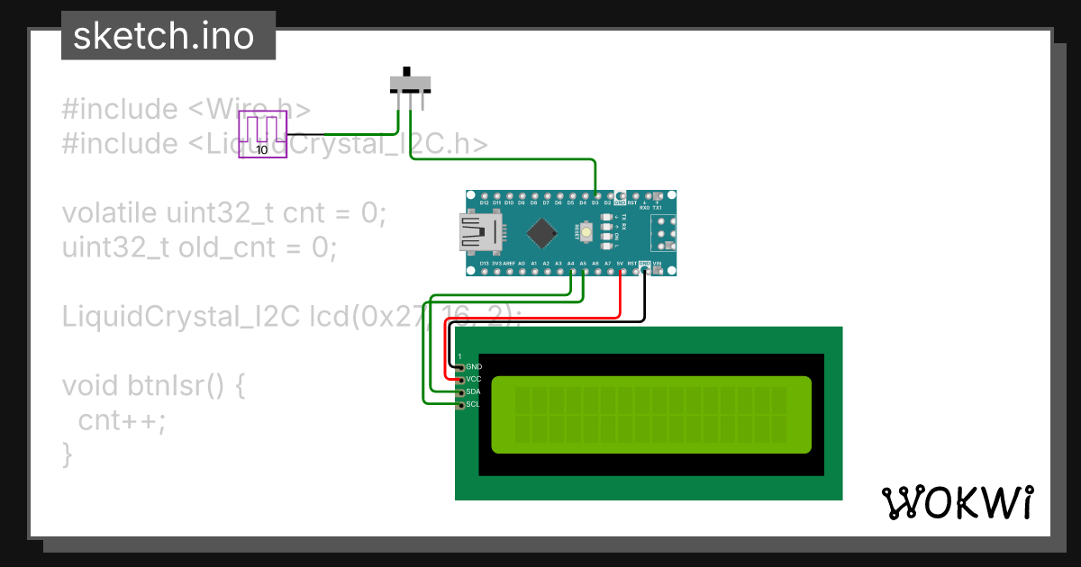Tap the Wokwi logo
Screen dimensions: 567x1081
pyautogui.click(x=956, y=503)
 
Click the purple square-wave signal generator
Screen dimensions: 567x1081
pyautogui.click(x=262, y=135)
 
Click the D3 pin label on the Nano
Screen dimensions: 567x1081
pyautogui.click(x=595, y=203)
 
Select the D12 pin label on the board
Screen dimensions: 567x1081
pyautogui.click(x=484, y=203)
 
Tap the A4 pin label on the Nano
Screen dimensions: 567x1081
pyautogui.click(x=571, y=264)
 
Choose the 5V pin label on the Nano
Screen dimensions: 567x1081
pyautogui.click(x=620, y=264)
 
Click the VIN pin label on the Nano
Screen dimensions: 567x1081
pyautogui.click(x=657, y=264)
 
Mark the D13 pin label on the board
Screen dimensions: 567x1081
pyautogui.click(x=484, y=264)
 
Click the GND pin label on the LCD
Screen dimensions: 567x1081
pyautogui.click(x=474, y=367)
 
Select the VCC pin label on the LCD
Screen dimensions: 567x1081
pyautogui.click(x=474, y=380)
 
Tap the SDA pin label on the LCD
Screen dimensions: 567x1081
pyautogui.click(x=474, y=392)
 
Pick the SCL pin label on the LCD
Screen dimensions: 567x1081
pyautogui.click(x=474, y=405)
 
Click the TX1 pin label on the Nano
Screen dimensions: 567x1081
pyautogui.click(x=657, y=207)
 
